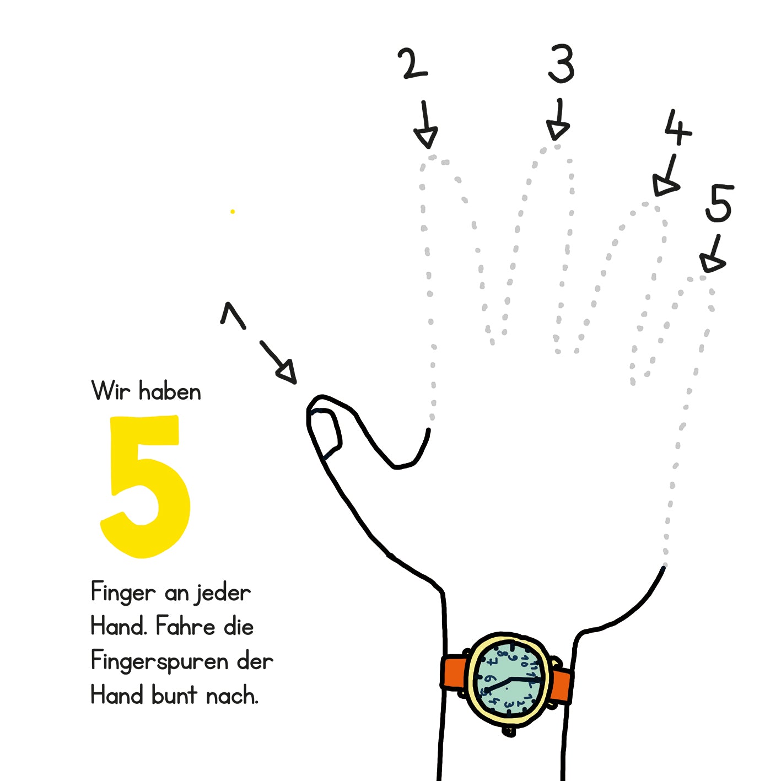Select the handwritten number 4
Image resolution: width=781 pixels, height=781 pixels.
[677, 127]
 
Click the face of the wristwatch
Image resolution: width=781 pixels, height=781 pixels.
[509, 679]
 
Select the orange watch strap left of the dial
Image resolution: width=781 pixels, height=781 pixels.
[454, 672]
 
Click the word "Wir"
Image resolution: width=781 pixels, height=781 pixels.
[111, 391]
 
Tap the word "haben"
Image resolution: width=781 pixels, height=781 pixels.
[170, 391]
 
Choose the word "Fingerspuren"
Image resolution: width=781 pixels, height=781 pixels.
[159, 661]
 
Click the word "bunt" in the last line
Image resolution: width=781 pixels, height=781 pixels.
[174, 696]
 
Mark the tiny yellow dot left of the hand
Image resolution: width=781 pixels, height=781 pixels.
[233, 211]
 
